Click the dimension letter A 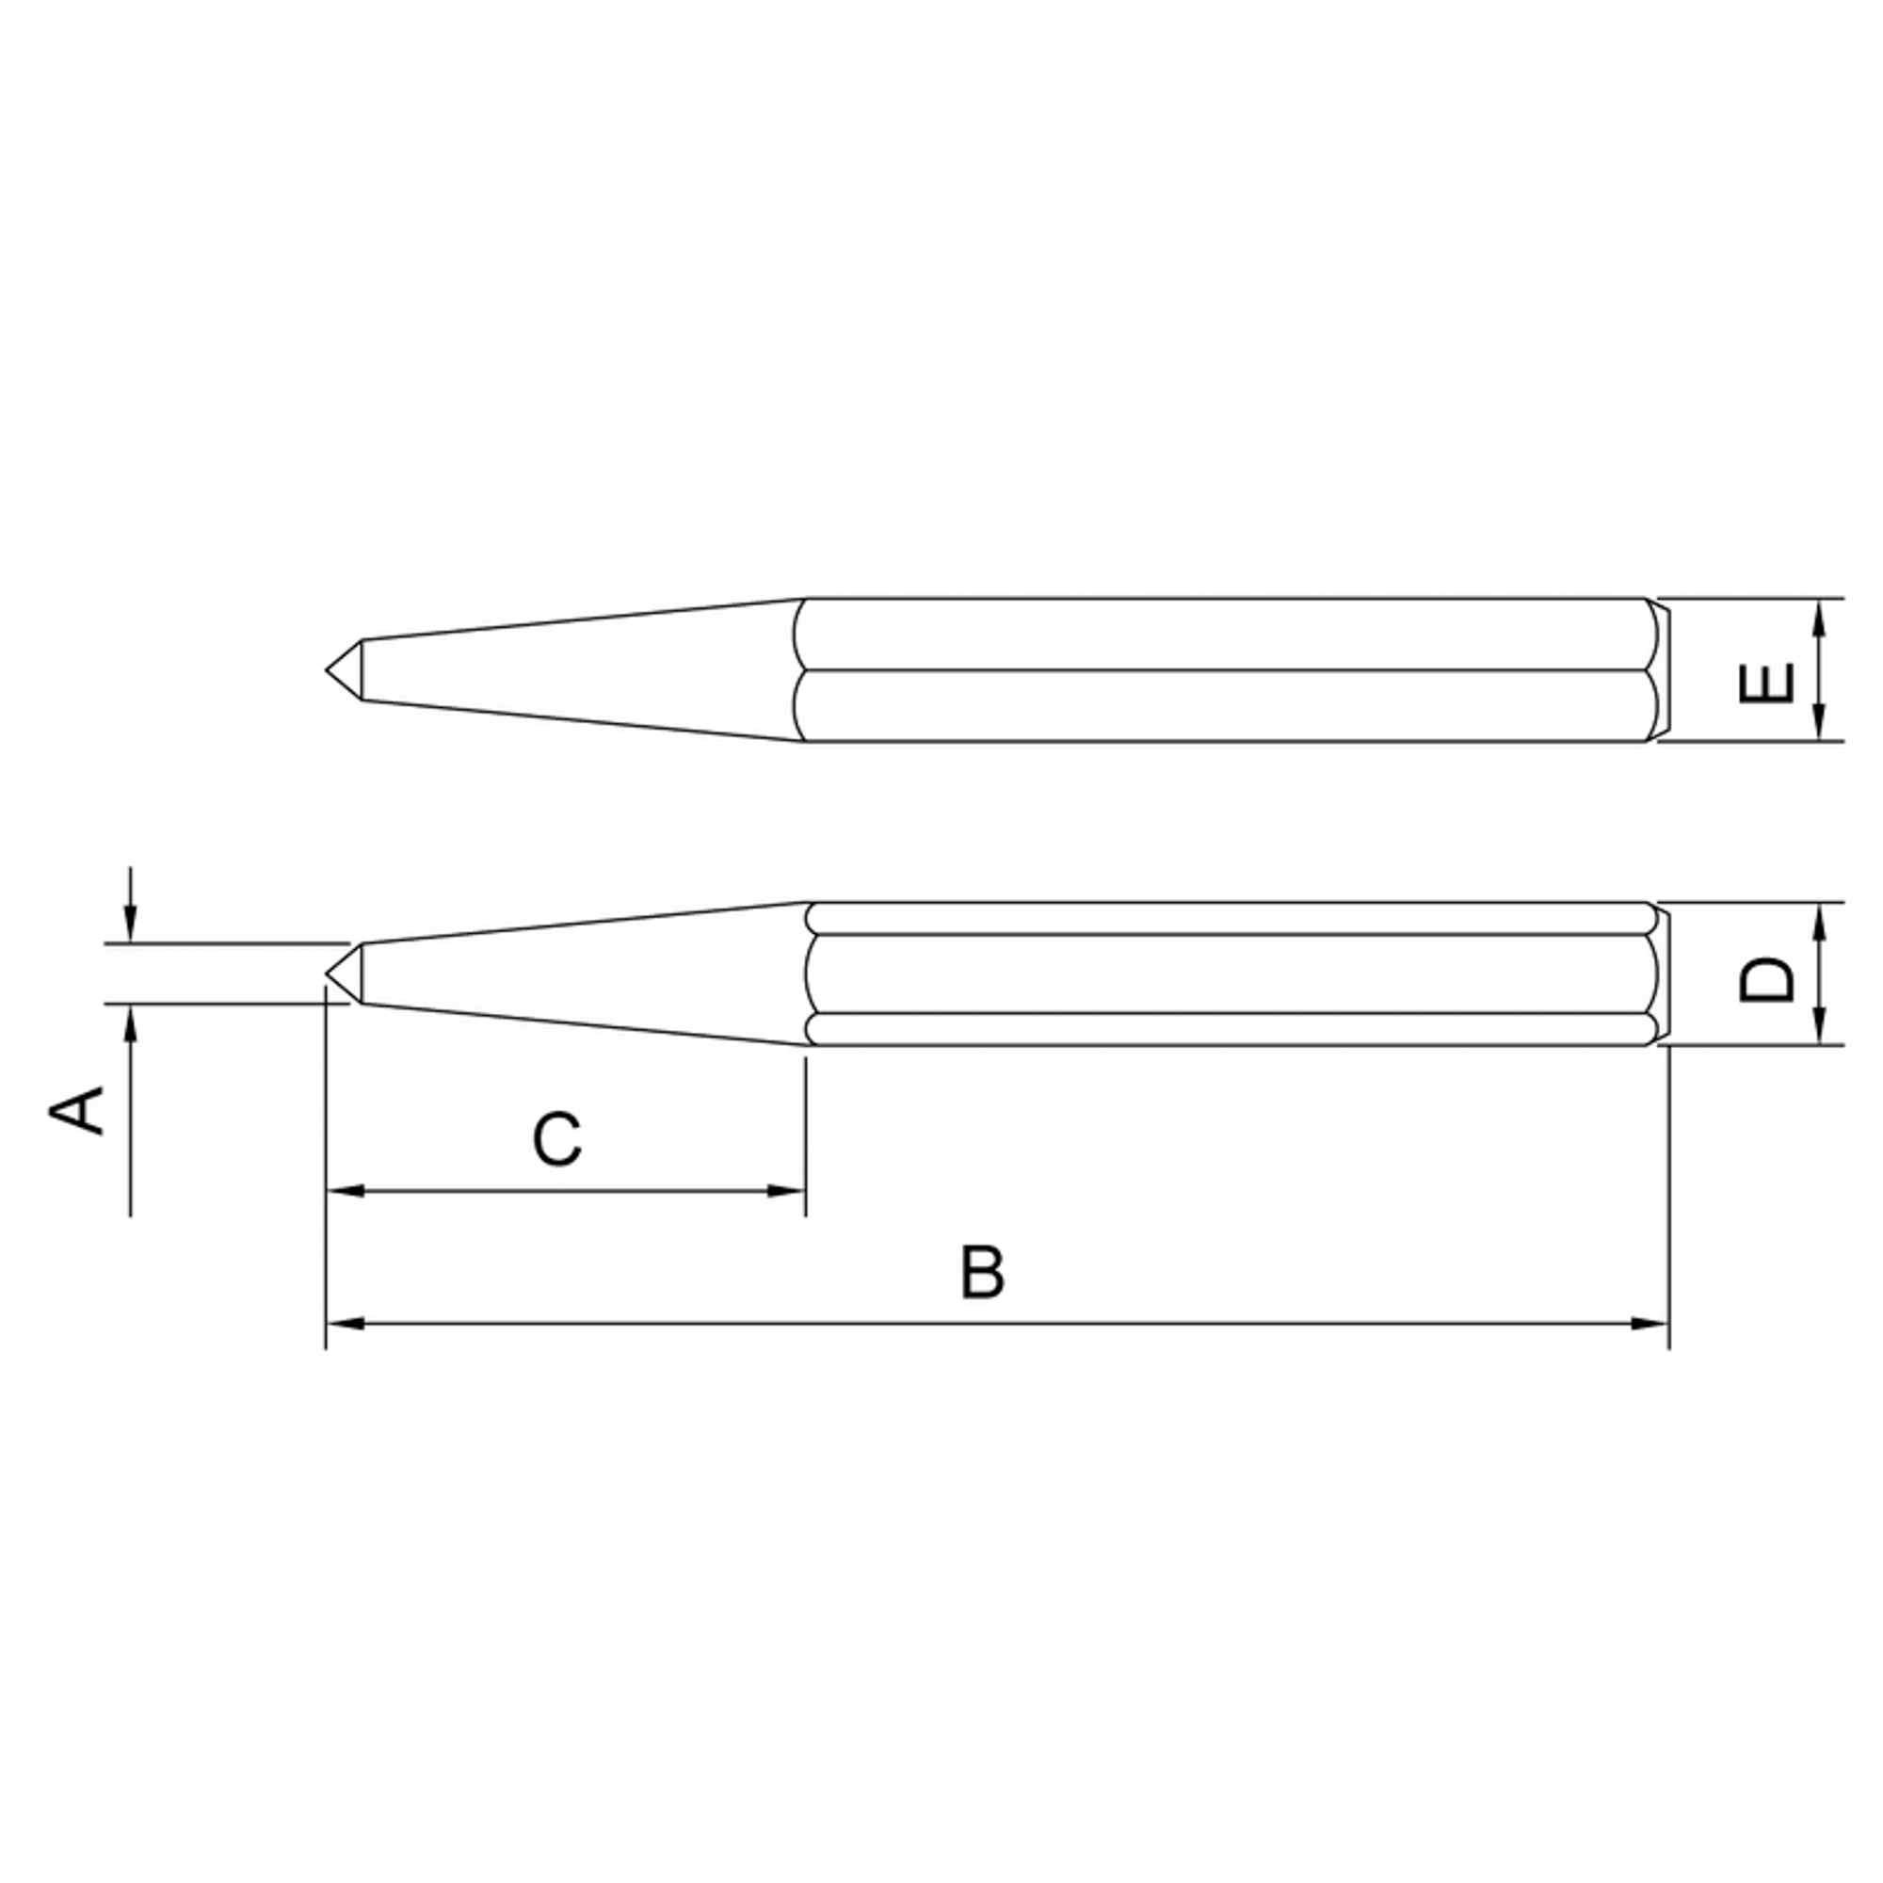coord(77,1111)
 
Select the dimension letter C coord(557,1138)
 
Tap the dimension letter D coord(1766,979)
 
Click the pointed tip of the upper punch coord(327,669)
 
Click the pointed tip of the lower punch coord(327,973)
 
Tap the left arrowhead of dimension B coord(345,1324)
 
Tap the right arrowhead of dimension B coord(1650,1324)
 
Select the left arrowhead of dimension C coord(345,1191)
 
